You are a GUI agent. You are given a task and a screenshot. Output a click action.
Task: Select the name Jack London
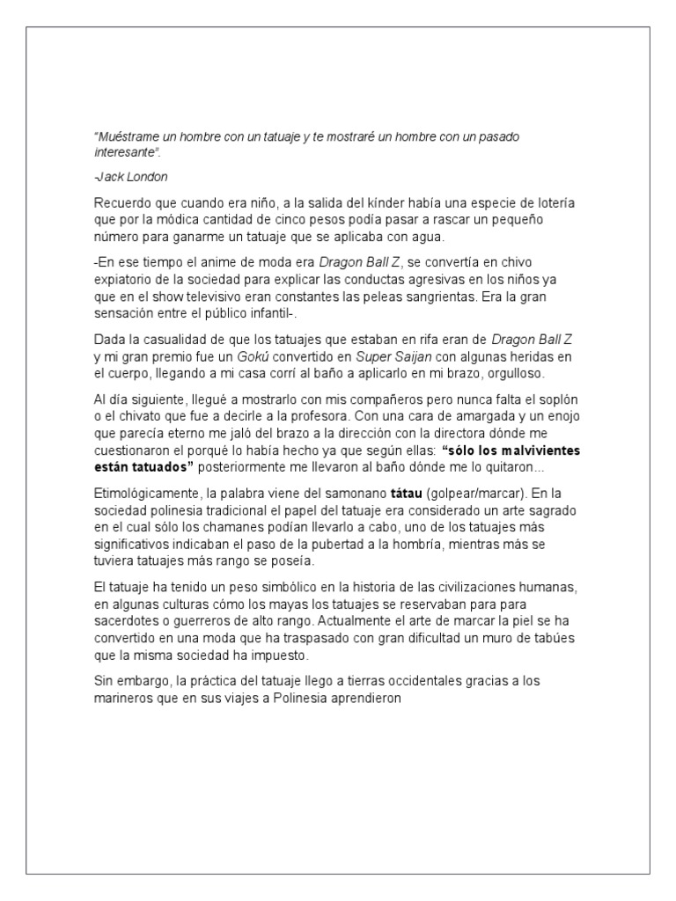[131, 177]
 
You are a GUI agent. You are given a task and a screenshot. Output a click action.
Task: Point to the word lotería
[554, 202]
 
